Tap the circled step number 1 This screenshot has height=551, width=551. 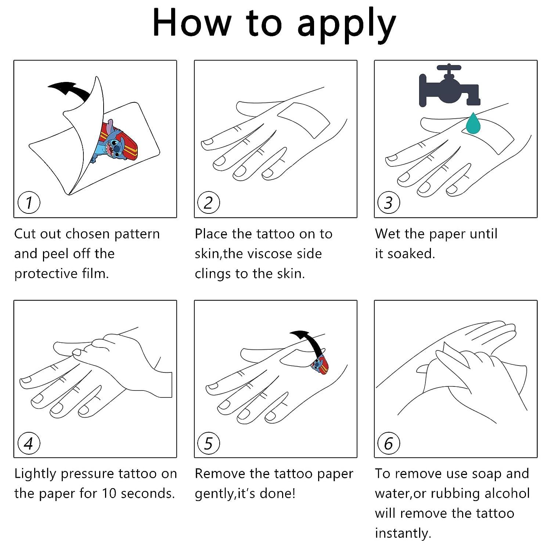[x=29, y=202]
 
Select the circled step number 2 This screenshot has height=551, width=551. [x=208, y=202]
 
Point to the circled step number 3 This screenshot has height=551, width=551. [x=389, y=202]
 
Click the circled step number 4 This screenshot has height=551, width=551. [x=29, y=443]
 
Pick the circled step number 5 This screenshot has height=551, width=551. [x=208, y=443]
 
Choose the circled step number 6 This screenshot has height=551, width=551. [x=389, y=443]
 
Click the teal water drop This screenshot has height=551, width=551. [x=473, y=123]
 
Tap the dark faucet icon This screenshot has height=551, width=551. [x=449, y=87]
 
